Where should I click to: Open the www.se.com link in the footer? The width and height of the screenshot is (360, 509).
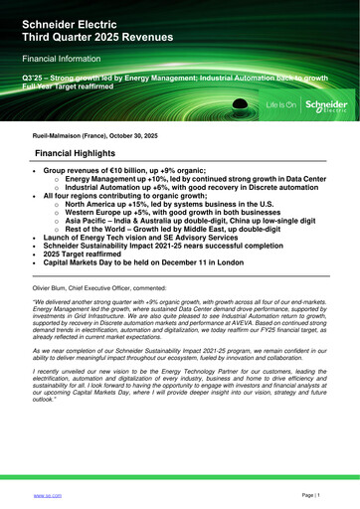point(48,494)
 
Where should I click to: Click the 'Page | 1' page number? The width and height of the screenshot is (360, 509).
point(310,494)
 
